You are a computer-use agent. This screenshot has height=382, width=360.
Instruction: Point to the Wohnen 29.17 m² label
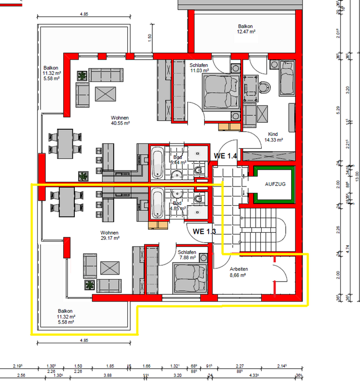click(109, 234)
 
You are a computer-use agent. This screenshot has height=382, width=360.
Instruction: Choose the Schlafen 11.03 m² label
click(200, 68)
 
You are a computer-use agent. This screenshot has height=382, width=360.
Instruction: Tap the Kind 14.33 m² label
click(274, 137)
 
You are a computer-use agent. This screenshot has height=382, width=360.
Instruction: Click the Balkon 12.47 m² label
click(245, 29)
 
